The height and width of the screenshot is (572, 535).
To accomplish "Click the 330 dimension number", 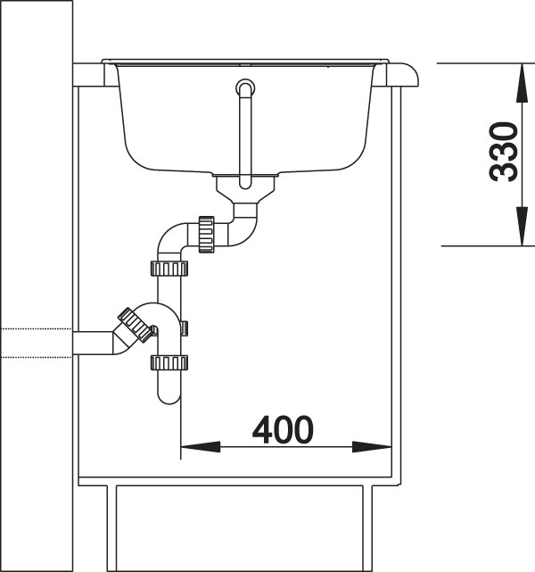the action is tap(504, 153).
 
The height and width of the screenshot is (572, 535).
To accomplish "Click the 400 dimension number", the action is tap(283, 429).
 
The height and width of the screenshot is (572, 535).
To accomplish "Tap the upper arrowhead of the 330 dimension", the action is tap(523, 83).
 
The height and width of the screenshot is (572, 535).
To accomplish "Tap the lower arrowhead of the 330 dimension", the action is tap(523, 226).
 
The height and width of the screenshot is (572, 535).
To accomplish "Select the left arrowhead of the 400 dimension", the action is tap(201, 447).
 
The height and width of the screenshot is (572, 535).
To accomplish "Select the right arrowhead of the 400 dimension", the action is tap(372, 447).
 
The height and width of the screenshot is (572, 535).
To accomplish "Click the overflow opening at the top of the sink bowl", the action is tap(245, 87).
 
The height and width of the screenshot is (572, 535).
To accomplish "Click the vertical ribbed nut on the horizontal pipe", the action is tap(206, 234).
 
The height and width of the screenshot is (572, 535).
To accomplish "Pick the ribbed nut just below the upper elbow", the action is tap(169, 269).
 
